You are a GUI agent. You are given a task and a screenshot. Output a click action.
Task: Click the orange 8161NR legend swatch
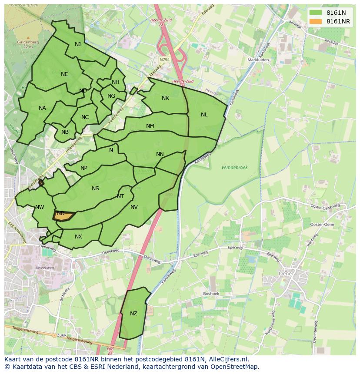tap(316, 21)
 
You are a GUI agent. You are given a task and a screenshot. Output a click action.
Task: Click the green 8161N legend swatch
tap(316, 13)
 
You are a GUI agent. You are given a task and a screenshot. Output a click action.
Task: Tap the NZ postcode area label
tap(133, 314)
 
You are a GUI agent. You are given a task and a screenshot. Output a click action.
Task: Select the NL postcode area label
tap(204, 115)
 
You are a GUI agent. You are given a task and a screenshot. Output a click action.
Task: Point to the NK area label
tap(165, 98)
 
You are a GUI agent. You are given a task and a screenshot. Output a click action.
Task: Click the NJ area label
tap(78, 44)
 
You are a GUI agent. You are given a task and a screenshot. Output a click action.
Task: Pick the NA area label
tap(42, 108)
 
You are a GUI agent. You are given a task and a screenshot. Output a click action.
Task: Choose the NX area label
tap(78, 237)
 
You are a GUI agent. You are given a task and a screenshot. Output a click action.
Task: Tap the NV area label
tap(134, 207)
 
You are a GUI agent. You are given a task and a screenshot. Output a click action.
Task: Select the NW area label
tap(40, 207)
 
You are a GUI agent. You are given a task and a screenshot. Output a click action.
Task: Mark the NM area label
tap(150, 126)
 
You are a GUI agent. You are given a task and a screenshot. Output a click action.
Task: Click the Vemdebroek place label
tap(234, 167)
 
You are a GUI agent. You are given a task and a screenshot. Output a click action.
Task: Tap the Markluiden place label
tap(258, 60)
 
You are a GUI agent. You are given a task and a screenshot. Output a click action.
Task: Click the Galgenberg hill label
tap(28, 42)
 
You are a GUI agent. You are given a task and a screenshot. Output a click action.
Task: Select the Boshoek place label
tap(211, 294)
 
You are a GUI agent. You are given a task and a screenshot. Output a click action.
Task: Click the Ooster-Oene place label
tap(322, 224)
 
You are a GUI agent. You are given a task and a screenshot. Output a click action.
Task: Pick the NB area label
tap(65, 132)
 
